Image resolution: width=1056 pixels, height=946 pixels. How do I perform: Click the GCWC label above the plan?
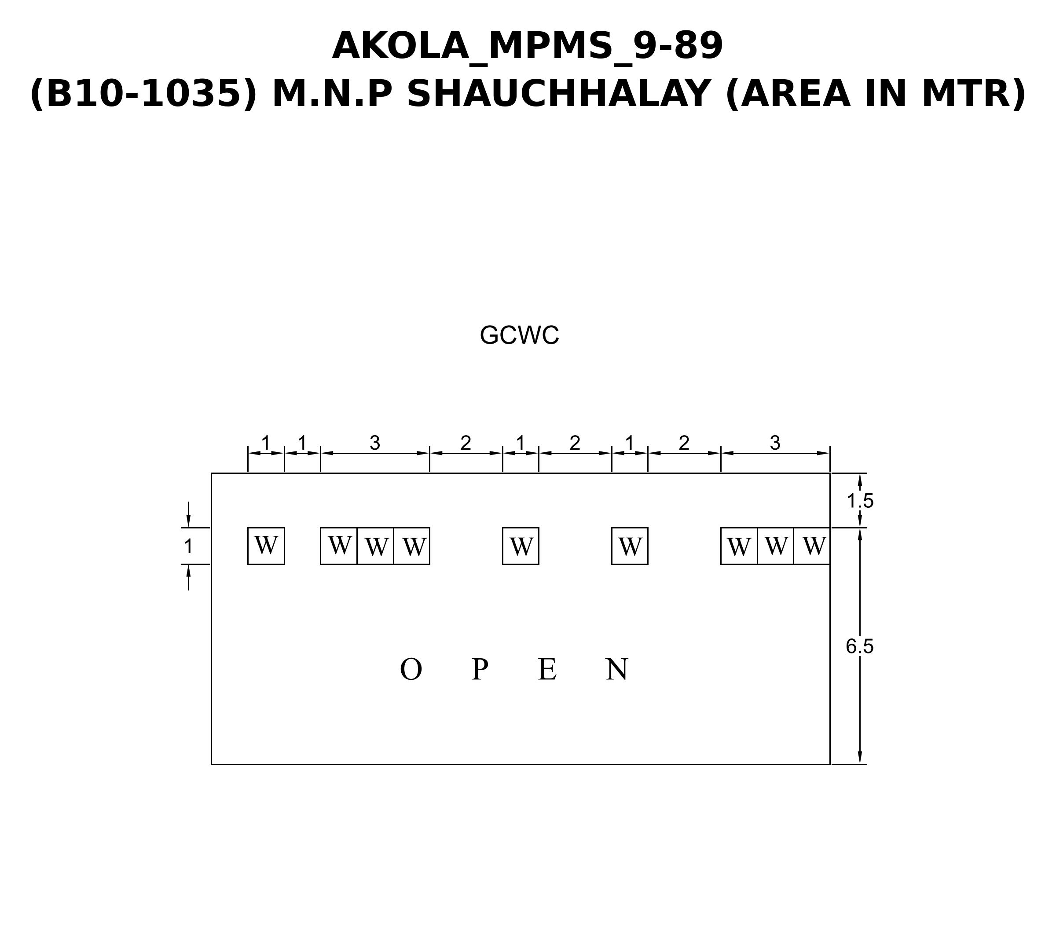coord(519,335)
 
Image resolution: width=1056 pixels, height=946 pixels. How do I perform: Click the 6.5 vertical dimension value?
coord(860,646)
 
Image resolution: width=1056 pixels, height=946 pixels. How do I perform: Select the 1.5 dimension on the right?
coord(860,501)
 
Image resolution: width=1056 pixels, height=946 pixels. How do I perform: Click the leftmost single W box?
coord(266,546)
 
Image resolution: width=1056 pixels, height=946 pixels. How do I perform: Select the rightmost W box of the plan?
coord(812,546)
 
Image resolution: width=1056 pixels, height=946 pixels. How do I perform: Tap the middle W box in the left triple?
coord(375,546)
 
